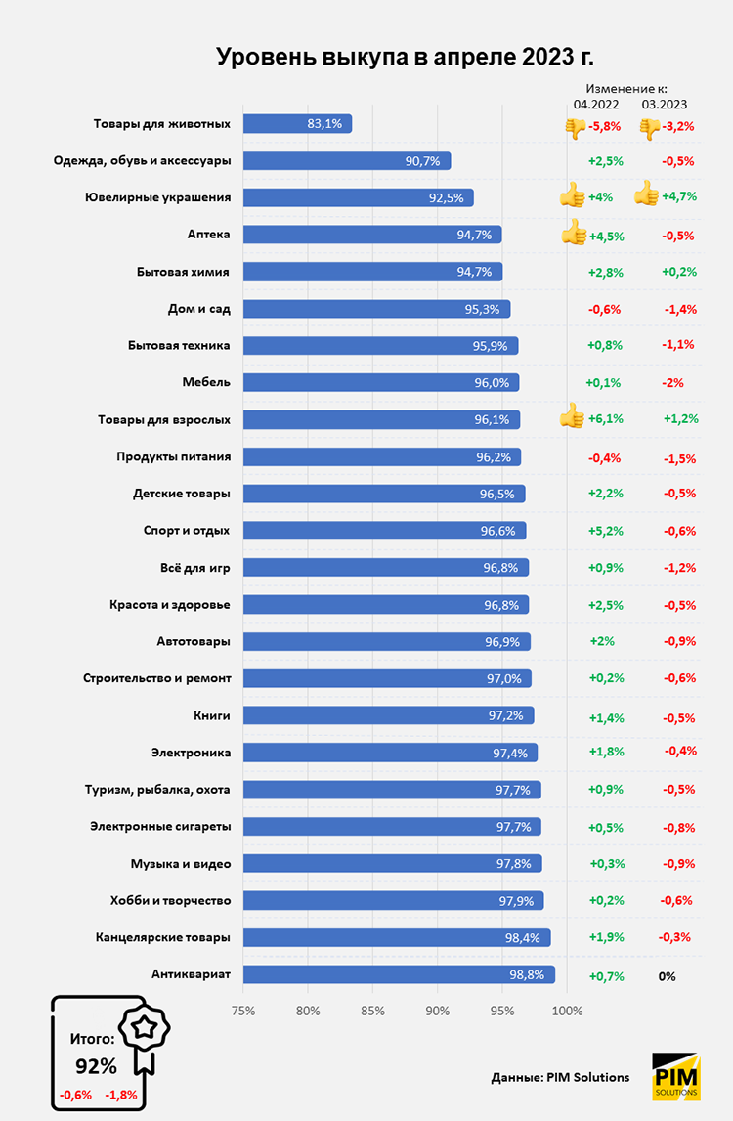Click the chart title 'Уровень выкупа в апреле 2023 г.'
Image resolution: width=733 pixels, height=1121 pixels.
pos(405,57)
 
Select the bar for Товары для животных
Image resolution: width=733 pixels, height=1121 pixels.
pos(297,124)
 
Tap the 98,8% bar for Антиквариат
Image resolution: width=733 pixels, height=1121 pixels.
pos(399,974)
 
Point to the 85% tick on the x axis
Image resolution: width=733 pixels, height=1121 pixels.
pos(372,1011)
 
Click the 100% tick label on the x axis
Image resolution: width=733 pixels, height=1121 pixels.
pos(567,1011)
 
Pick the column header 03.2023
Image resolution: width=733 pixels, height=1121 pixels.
pos(665,104)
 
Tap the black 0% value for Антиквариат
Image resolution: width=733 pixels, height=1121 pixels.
pos(667,976)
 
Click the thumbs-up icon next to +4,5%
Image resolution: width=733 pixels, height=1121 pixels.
pos(573,234)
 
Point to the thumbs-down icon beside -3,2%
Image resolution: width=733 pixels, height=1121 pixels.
pos(649,127)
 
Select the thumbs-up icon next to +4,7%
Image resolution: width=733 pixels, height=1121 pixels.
pos(646,195)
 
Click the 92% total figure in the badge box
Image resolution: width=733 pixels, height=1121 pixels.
pos(96,1064)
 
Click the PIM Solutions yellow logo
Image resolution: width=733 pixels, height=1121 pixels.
pos(675,1076)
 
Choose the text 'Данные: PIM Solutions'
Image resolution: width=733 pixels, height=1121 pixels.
pos(560,1077)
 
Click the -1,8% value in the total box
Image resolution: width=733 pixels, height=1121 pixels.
pos(121,1095)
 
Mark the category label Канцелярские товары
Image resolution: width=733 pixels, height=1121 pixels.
pos(163,937)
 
